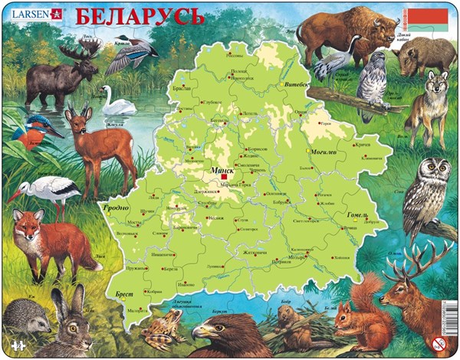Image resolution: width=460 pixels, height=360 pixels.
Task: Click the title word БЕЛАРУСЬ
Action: coord(140,15)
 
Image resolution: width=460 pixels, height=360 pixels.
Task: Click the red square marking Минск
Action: coord(224,176)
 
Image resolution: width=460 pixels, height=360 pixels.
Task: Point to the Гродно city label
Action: coord(115,207)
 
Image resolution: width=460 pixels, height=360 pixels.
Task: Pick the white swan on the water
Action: coord(120,103)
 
